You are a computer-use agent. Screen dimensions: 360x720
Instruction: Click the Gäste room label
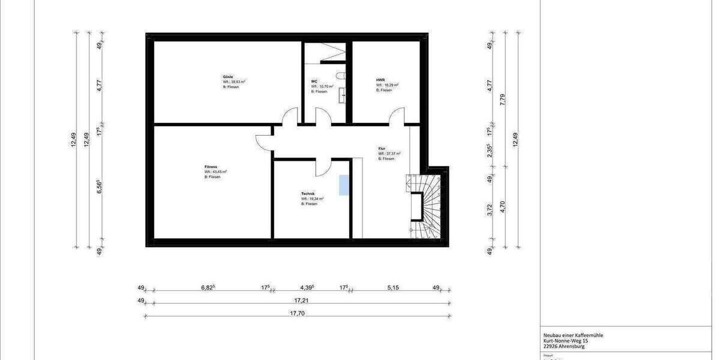tap(228, 77)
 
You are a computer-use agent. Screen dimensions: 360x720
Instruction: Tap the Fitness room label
tap(211, 166)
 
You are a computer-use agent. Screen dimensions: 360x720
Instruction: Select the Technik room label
tap(308, 193)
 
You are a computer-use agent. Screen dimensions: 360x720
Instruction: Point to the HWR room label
tap(380, 80)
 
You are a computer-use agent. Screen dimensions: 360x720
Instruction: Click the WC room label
tap(314, 82)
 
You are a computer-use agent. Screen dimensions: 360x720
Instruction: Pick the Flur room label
tap(382, 148)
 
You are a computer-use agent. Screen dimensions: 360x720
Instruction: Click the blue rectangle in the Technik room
tap(344, 185)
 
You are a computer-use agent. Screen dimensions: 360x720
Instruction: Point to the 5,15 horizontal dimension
tap(392, 288)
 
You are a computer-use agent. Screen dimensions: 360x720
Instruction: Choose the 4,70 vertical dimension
tap(503, 208)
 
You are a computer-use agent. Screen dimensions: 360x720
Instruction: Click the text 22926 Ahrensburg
tap(560, 346)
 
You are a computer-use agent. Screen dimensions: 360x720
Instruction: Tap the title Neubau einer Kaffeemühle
tap(569, 335)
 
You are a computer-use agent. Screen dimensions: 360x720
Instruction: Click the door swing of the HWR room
tap(397, 116)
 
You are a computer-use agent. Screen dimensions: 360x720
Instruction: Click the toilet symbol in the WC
tap(340, 77)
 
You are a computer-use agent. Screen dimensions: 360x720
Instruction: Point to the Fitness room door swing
tap(264, 142)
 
